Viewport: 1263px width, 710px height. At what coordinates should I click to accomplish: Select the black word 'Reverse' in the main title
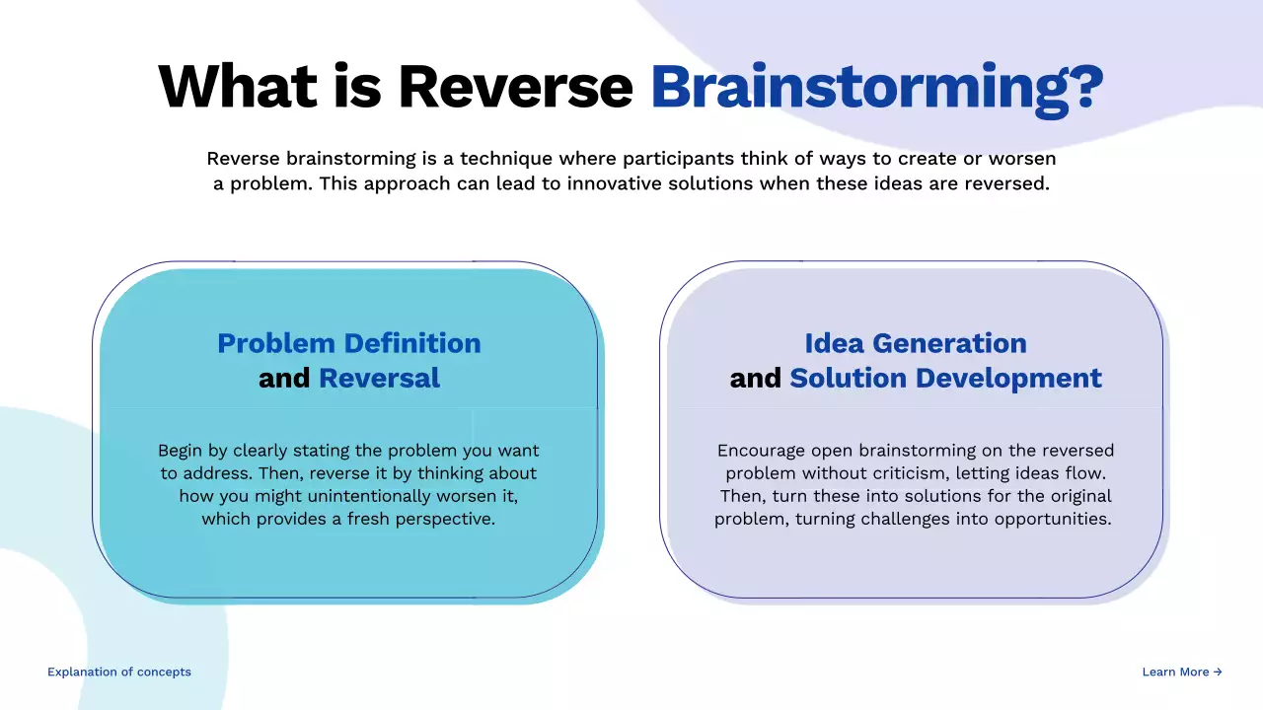click(515, 87)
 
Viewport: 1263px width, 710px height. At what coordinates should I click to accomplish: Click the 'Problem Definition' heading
click(349, 343)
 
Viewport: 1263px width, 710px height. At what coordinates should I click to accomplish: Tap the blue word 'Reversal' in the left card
click(379, 378)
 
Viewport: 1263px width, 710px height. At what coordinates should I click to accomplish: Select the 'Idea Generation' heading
click(916, 343)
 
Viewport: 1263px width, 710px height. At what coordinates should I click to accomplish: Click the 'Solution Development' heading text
click(945, 378)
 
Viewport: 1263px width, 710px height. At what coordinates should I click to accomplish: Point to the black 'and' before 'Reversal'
click(284, 378)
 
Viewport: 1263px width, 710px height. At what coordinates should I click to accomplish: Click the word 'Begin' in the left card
click(182, 451)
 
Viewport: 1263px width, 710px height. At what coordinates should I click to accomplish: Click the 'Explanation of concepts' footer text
click(119, 672)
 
